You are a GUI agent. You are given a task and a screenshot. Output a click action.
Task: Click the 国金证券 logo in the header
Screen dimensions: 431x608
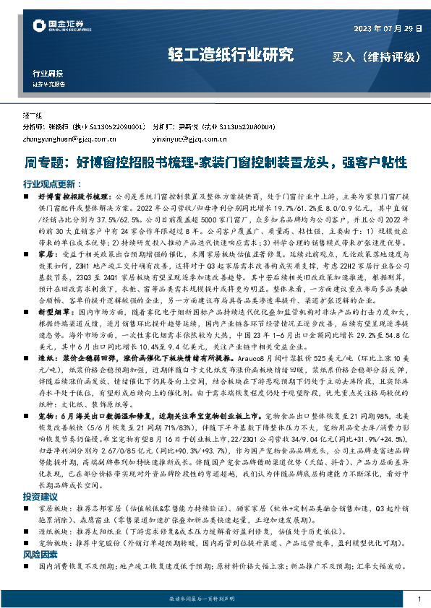[x=62, y=27]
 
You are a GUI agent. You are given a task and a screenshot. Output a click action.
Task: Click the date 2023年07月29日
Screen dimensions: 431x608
[x=387, y=28]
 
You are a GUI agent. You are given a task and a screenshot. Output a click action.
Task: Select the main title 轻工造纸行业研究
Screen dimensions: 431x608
[x=231, y=55]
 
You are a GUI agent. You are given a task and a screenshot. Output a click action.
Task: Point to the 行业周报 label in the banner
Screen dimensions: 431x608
[x=48, y=74]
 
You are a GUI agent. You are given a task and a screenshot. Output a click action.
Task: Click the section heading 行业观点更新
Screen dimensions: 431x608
[x=52, y=183]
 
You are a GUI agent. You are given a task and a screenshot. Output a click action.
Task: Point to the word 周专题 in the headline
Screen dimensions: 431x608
[x=44, y=162]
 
